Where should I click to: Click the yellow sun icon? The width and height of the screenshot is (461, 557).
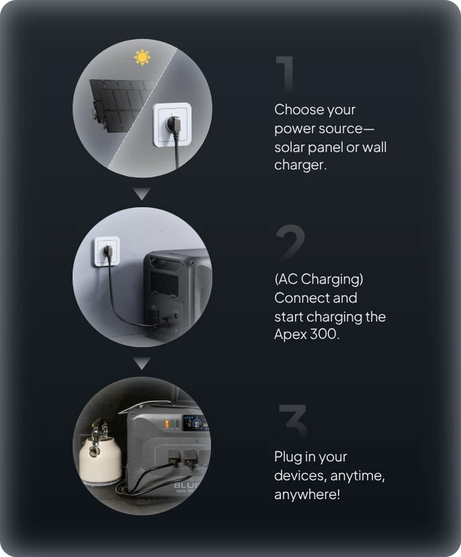pyautogui.click(x=142, y=57)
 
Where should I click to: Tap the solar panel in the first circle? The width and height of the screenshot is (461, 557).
pyautogui.click(x=121, y=106)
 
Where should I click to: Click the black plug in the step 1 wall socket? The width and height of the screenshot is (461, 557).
pyautogui.click(x=174, y=125)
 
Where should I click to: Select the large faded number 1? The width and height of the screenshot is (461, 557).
pyautogui.click(x=285, y=74)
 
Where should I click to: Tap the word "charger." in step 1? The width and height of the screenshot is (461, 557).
pyautogui.click(x=300, y=165)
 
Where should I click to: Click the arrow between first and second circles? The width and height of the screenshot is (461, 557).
pyautogui.click(x=142, y=194)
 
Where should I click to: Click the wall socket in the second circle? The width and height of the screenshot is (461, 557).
pyautogui.click(x=107, y=252)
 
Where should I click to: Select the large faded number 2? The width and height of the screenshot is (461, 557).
pyautogui.click(x=290, y=243)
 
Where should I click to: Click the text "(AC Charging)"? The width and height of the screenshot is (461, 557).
pyautogui.click(x=319, y=280)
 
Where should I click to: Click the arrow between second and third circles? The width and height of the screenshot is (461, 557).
pyautogui.click(x=142, y=363)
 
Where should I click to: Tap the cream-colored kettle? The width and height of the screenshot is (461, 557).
pyautogui.click(x=99, y=452)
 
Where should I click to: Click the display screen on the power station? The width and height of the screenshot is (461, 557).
pyautogui.click(x=195, y=424)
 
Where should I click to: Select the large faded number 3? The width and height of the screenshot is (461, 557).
pyautogui.click(x=293, y=421)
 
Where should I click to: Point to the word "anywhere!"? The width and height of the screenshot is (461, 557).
pyautogui.click(x=307, y=494)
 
